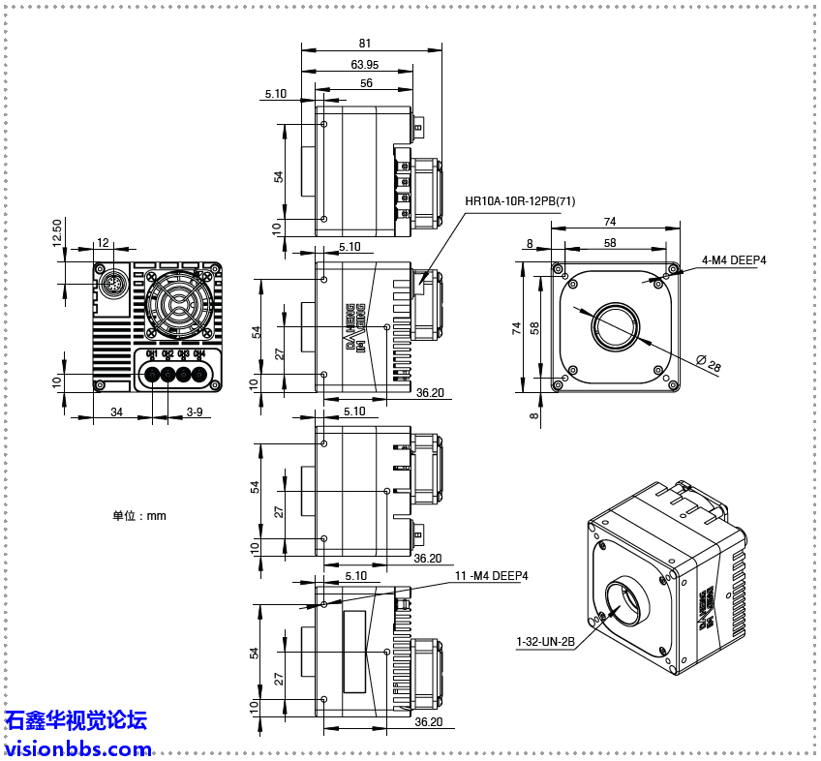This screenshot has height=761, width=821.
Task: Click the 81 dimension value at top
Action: (364, 43)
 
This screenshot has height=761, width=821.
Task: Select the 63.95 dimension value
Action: (364, 64)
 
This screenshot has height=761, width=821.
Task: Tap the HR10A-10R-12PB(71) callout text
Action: (520, 201)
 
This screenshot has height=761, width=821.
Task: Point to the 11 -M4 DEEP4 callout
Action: (492, 575)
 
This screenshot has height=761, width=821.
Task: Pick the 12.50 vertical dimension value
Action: (57, 231)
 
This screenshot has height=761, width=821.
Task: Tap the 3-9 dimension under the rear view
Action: (194, 412)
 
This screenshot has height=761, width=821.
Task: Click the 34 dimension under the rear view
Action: (116, 412)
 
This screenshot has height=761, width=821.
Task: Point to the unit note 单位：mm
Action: (138, 516)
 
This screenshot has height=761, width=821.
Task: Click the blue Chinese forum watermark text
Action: (76, 720)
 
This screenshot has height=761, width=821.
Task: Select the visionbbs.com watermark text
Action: (77, 748)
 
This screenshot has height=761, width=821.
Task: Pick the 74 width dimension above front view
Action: (610, 222)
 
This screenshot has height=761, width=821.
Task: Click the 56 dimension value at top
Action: (366, 84)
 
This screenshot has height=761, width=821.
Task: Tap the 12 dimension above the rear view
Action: (103, 243)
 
